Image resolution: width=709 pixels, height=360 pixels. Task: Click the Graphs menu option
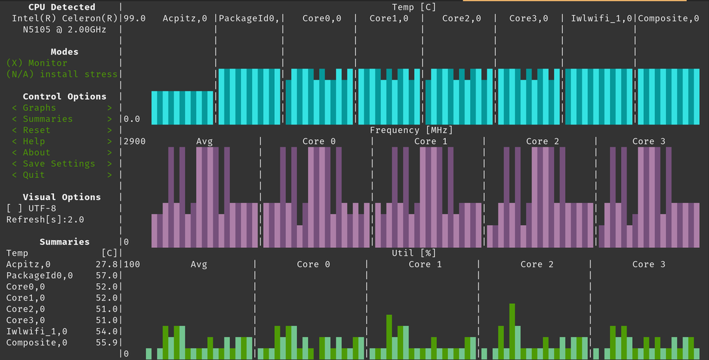click(x=39, y=108)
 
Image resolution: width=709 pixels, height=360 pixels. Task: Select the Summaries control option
click(x=48, y=119)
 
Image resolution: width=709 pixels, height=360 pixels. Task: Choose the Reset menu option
click(x=37, y=130)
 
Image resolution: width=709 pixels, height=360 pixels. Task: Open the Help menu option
click(x=34, y=141)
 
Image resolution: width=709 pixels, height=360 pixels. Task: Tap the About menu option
click(x=37, y=152)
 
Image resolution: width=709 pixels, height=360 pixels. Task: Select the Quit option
click(x=34, y=175)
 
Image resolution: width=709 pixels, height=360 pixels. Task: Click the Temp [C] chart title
click(x=414, y=8)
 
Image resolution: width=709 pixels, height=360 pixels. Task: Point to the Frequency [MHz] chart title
click(x=414, y=130)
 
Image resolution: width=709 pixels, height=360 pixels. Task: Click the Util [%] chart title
click(x=414, y=253)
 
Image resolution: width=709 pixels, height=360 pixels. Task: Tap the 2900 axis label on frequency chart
click(x=134, y=141)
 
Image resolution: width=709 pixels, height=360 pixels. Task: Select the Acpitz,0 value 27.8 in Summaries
click(x=107, y=264)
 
